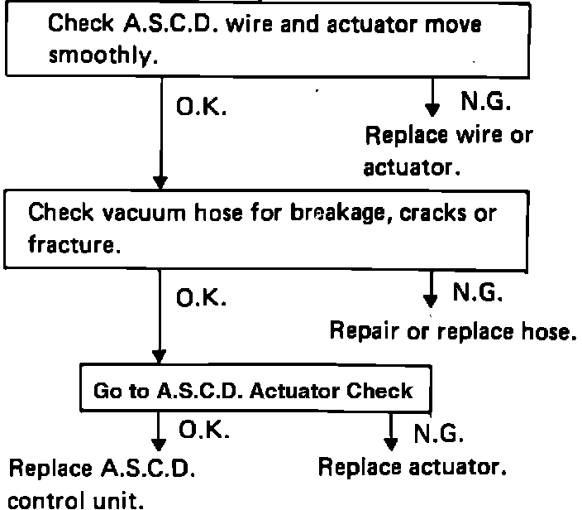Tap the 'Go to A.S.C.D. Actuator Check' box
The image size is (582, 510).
(x=252, y=390)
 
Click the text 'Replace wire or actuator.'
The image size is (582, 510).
(x=447, y=150)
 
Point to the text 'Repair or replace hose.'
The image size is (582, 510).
(x=451, y=331)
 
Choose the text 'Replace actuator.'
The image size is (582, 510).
(x=411, y=466)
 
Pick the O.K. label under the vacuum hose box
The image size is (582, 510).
(x=199, y=297)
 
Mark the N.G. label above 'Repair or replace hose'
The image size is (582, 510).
(x=477, y=292)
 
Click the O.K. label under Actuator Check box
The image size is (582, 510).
(x=203, y=430)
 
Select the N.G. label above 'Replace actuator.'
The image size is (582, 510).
(x=440, y=433)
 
